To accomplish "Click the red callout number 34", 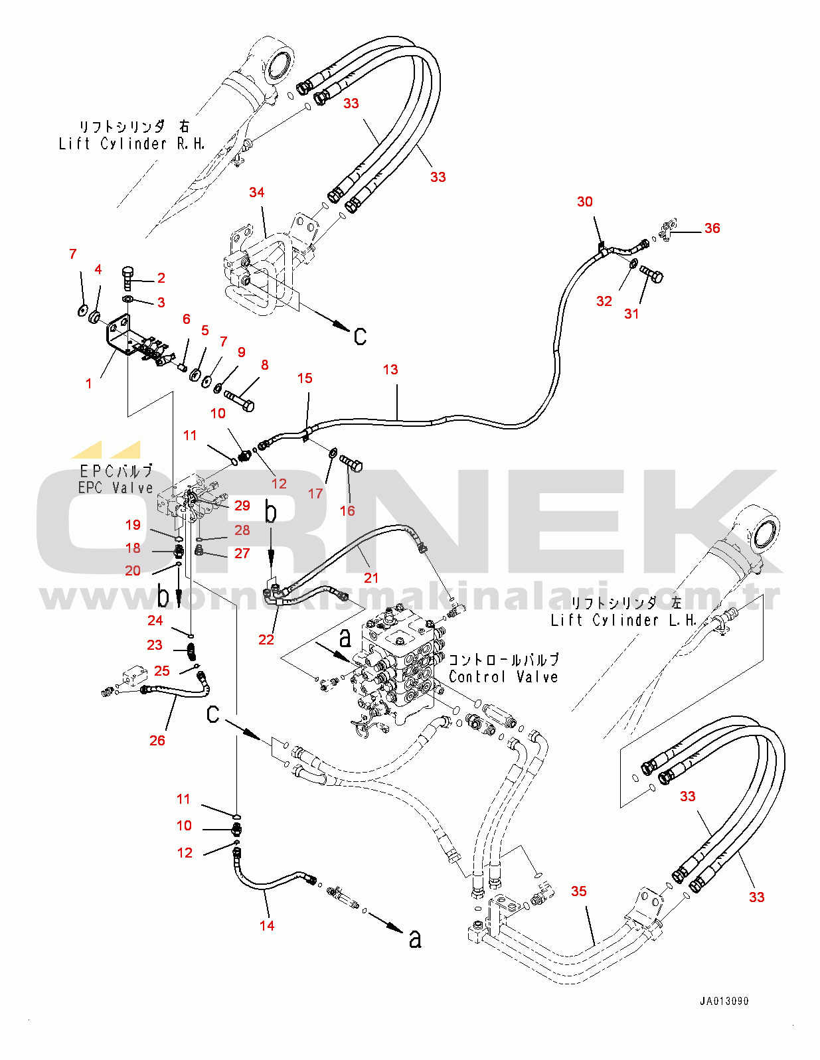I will click(x=256, y=192).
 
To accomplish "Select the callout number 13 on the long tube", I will click(x=390, y=370).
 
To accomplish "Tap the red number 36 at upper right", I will click(x=712, y=228).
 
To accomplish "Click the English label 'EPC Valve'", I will click(x=116, y=488).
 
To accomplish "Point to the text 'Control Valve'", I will click(x=503, y=677).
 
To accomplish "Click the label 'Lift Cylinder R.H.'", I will click(x=131, y=144).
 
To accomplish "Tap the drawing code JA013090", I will click(x=724, y=1001).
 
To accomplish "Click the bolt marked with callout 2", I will click(x=129, y=277).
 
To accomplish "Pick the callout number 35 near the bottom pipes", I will click(x=579, y=891).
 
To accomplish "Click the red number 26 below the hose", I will click(x=157, y=741).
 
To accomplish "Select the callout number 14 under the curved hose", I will click(x=267, y=926).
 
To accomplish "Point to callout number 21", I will click(x=371, y=578).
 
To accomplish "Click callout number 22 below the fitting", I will click(x=266, y=640).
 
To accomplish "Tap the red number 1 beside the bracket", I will click(x=89, y=384).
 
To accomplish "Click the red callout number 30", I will click(x=584, y=202).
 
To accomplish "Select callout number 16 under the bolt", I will click(x=347, y=511).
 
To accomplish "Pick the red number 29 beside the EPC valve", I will click(x=242, y=506).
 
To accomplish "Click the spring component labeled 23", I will click(x=191, y=651).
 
